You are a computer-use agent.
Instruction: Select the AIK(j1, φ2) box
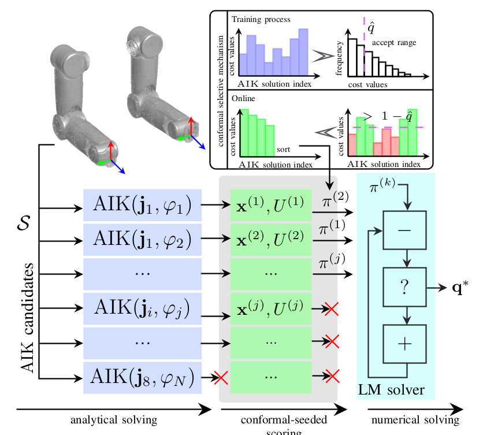click(x=142, y=239)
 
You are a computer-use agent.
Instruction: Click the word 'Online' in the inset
click(x=243, y=98)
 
